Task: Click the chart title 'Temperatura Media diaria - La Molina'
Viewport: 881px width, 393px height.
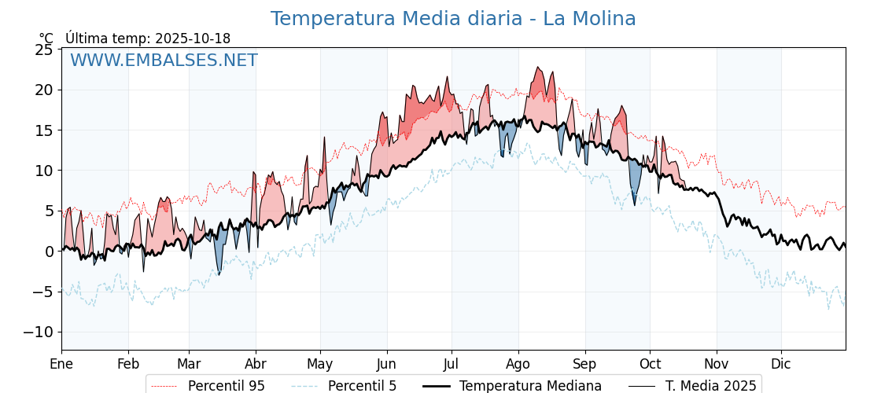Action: click(453, 19)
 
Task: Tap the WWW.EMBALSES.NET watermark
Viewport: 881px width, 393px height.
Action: click(164, 61)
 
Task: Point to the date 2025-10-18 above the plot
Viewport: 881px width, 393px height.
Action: click(193, 39)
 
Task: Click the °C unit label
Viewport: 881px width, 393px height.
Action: click(46, 39)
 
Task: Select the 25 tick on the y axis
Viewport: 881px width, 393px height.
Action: click(44, 50)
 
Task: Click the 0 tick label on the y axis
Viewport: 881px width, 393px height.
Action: click(49, 252)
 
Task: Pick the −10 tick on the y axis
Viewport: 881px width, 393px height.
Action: click(38, 332)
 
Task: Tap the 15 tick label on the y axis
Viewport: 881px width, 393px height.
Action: click(44, 130)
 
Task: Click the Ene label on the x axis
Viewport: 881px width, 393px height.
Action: click(61, 364)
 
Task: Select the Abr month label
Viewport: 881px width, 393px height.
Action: click(256, 364)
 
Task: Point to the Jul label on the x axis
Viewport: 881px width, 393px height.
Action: click(452, 364)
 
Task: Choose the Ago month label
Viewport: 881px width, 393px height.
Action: click(518, 364)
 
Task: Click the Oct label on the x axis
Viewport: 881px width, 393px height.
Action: click(650, 364)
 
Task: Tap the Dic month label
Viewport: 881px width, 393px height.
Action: click(781, 364)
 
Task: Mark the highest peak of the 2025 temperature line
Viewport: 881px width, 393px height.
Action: click(538, 68)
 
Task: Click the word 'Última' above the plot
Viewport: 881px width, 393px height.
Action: click(86, 39)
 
